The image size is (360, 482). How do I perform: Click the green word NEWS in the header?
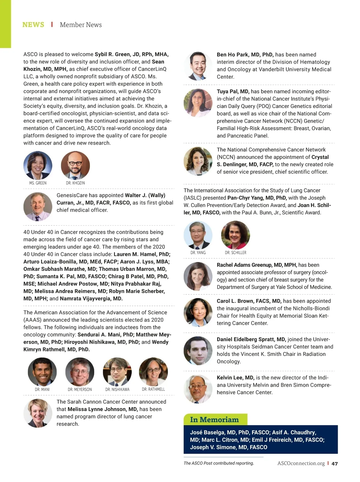(x=33, y=25)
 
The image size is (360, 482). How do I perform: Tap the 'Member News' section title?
(x=81, y=25)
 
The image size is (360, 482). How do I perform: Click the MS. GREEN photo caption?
(x=38, y=183)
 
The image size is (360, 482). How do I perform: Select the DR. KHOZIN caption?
(x=75, y=183)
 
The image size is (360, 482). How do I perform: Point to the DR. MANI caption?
(x=42, y=389)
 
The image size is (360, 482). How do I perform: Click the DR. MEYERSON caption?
(x=80, y=389)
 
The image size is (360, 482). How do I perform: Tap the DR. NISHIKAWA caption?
(x=117, y=389)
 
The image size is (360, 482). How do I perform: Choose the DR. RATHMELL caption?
(x=153, y=389)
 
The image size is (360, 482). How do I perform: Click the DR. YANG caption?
(x=198, y=253)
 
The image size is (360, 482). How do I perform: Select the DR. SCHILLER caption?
(x=235, y=253)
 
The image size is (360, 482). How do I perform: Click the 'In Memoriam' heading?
(x=214, y=420)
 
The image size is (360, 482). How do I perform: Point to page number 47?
(x=334, y=463)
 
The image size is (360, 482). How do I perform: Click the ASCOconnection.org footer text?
(x=301, y=463)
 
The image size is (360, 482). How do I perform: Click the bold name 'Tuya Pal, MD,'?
(x=233, y=92)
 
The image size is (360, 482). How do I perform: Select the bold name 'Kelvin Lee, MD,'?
(x=235, y=378)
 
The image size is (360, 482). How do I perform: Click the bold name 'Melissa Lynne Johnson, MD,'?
(x=103, y=409)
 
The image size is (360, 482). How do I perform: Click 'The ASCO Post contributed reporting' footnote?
(x=219, y=463)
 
